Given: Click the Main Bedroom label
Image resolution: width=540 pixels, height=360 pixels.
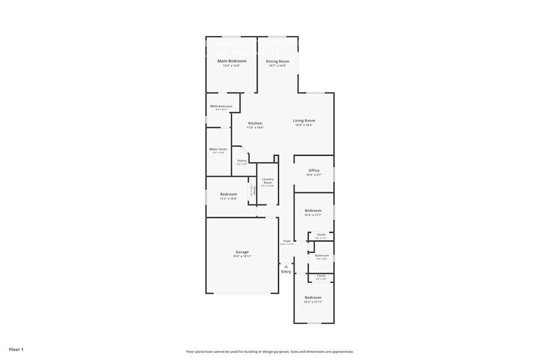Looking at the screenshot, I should point(232,61).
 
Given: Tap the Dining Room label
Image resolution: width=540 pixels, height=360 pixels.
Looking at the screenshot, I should point(277,61).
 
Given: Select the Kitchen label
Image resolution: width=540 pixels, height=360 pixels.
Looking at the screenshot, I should point(255,123).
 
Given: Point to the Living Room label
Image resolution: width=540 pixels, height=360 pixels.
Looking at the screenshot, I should point(304,121).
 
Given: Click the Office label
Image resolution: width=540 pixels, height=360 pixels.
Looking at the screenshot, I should point(314,170).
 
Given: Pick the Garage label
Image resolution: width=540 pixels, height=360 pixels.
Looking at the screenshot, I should point(242,252).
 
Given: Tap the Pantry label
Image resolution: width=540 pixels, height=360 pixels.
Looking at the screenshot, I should point(242,160).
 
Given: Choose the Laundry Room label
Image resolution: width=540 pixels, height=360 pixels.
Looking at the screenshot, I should point(268,181).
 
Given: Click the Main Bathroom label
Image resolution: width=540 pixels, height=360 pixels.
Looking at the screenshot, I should point(221,106).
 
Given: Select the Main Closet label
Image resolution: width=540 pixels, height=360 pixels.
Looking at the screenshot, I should point(218,149).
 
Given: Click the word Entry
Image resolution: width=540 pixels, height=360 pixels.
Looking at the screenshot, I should point(286,272).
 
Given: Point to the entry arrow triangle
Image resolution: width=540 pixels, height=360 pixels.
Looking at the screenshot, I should point(286,266).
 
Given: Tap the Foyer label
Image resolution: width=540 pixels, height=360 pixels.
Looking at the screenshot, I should point(287,241).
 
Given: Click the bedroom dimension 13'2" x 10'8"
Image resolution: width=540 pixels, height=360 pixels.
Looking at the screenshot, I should point(229,199).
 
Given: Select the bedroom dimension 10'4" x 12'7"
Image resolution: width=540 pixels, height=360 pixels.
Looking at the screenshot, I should point(313,215).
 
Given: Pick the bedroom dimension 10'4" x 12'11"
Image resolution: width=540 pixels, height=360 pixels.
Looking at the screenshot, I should point(313,302).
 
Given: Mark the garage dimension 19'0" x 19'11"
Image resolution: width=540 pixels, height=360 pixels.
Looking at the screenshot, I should point(242,257).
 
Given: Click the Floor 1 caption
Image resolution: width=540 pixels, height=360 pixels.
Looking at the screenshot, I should point(16,349).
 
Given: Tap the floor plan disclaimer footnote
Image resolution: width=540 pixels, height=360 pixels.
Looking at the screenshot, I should point(270,351).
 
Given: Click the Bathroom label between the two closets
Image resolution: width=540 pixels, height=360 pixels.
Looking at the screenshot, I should point(322,255).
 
